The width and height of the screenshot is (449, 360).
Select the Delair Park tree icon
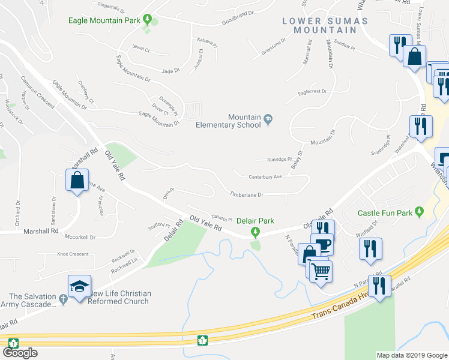pyautogui.click(x=256, y=232)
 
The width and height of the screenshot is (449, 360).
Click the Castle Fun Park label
pyautogui.click(x=385, y=212)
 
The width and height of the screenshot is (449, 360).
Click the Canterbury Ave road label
pyautogui.click(x=265, y=176)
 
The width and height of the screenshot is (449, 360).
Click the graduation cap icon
pyautogui.click(x=79, y=287)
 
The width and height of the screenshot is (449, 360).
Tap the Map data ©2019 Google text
pyautogui.click(x=411, y=355)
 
